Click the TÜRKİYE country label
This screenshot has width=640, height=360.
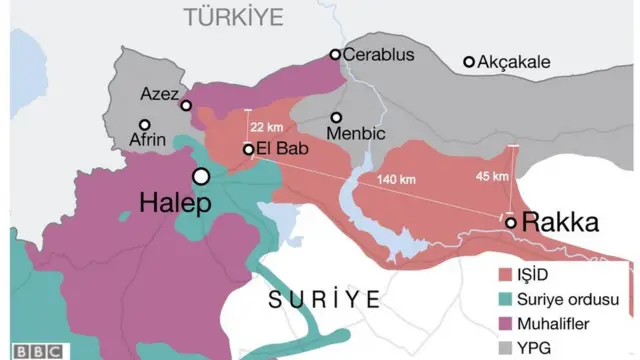pos(233,16)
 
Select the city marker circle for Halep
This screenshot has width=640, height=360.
pos(201,176)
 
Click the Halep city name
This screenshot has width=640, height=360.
pos(174,205)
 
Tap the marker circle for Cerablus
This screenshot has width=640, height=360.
pos(336,55)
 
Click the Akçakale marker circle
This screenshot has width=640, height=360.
pos(468,62)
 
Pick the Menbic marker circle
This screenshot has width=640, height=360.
pos(337,117)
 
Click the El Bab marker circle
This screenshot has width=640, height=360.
pos(249,150)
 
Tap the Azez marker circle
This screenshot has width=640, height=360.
pos(185,105)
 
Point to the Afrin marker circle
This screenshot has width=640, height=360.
pos(146,125)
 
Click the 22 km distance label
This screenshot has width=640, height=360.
pos(270,127)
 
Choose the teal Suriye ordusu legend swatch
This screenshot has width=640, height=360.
pos(506,299)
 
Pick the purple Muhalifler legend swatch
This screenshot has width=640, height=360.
pos(506,323)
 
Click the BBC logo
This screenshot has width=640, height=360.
pos(37,351)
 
